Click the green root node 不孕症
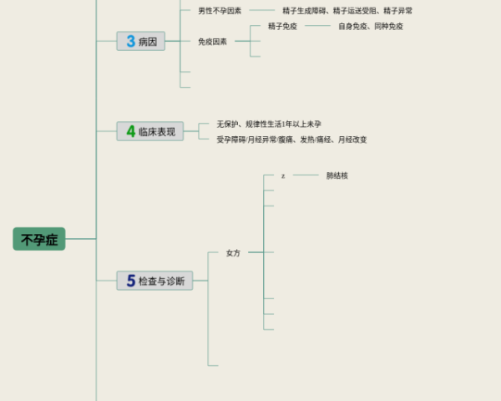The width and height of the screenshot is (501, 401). pos(39,240)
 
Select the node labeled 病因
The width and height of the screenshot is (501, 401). pos(148,41)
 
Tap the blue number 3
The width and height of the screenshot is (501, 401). pos(130,41)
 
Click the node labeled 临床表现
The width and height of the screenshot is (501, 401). pos(157,131)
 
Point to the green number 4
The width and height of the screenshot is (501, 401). pos(130,131)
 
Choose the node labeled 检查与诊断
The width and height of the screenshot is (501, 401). pos(162,282)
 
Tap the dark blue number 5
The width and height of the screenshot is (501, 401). pos(130,282)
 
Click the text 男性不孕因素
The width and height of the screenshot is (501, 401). pos(220,11)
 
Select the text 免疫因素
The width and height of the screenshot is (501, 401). pos(212,41)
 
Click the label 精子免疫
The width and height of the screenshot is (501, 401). pos(281,26)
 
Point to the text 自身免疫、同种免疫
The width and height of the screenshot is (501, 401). pos(371,26)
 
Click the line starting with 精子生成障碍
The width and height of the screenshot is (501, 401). pos(347,11)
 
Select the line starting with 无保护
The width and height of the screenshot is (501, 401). pos(269,124)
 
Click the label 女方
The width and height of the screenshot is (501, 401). pos(233,252)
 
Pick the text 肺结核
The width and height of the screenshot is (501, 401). pos(337,175)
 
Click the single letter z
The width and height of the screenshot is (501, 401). pos(283,176)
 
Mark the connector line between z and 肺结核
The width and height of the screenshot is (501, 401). pos(306,175)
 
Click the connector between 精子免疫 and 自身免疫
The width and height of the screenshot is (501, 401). pos(317,26)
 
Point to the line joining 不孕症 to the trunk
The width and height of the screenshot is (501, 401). pos(81,240)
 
